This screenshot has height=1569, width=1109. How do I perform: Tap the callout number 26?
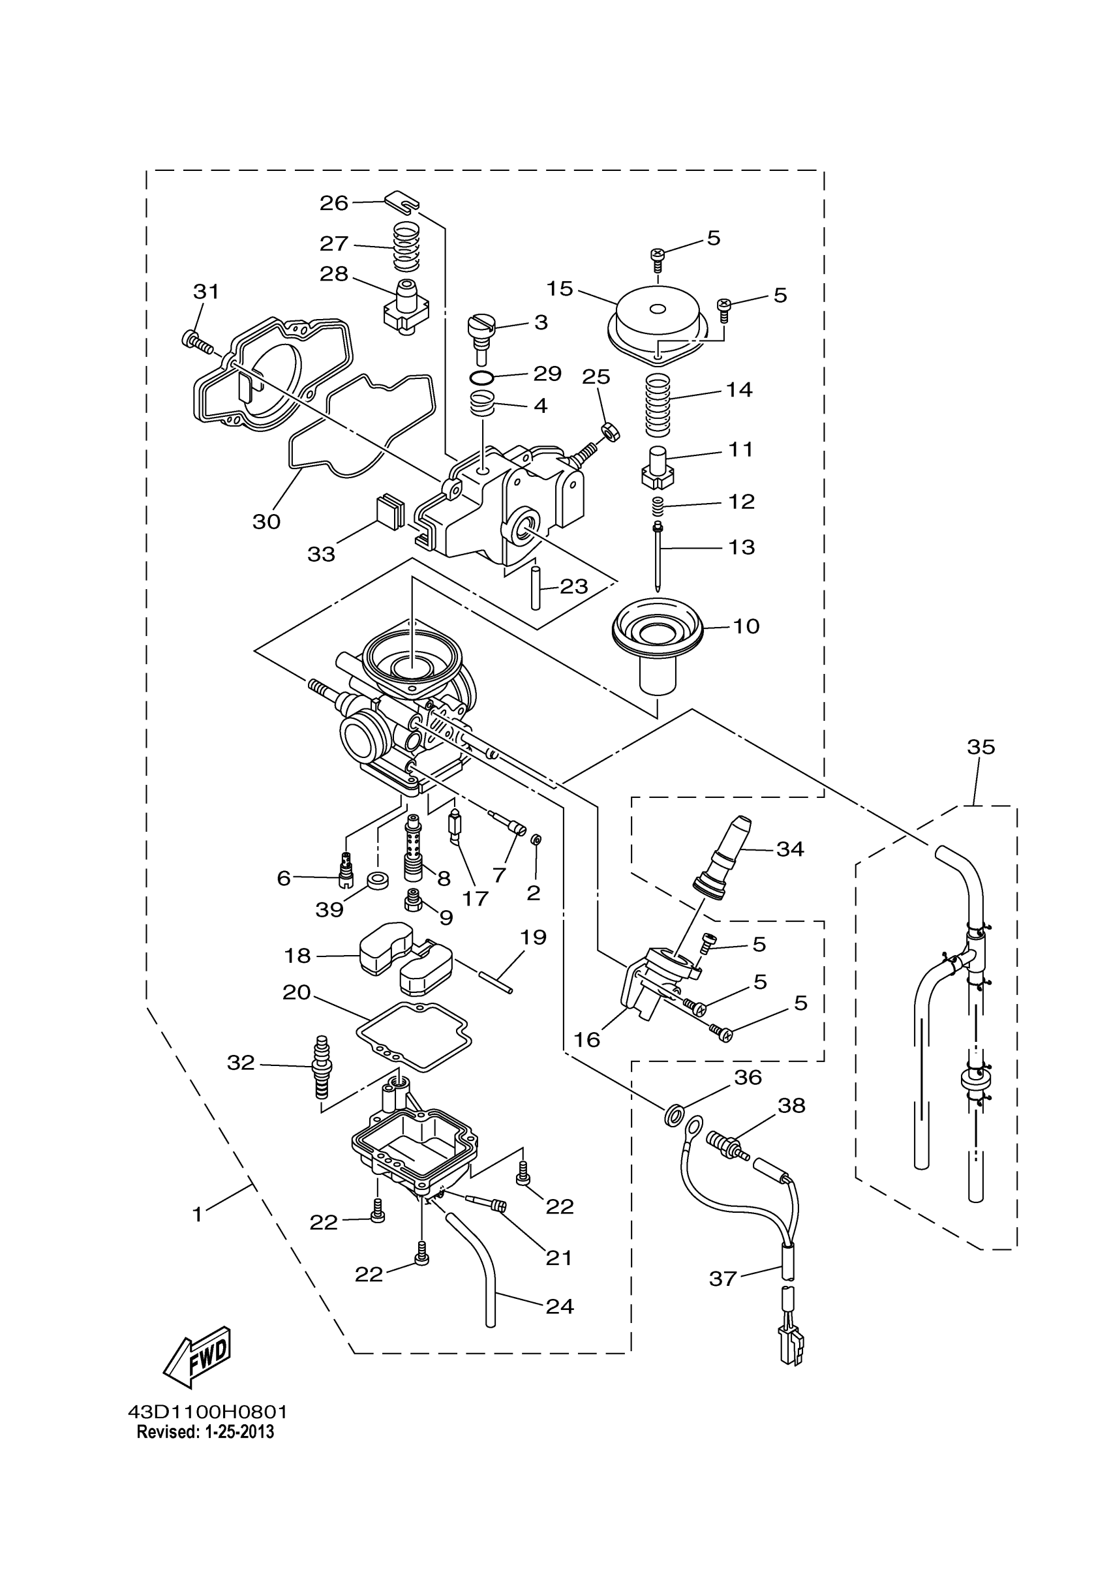334,203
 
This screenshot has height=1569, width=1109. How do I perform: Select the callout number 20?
297,992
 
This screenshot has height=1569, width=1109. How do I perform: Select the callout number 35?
980,747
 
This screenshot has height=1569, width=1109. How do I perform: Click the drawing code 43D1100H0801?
207,1412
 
